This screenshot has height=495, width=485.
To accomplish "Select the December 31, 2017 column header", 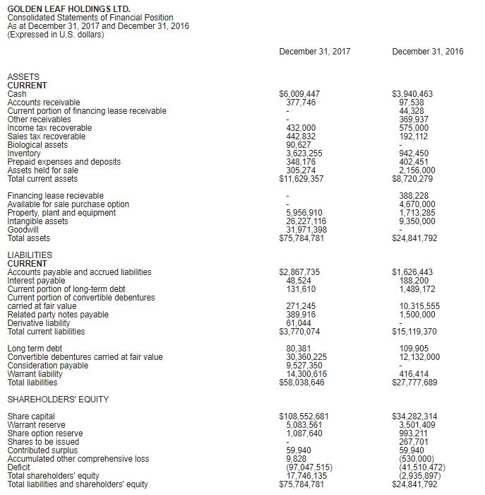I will (314, 52).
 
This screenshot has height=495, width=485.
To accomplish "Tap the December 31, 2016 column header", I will (428, 52).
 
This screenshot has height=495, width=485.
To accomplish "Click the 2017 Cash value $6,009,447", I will (299, 94).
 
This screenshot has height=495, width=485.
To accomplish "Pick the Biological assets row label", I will (37, 145).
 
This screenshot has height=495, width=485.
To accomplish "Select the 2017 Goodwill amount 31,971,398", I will (305, 230).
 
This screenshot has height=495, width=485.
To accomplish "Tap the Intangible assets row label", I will (37, 221).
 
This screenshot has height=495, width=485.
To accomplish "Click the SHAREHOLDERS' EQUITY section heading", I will (58, 400).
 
